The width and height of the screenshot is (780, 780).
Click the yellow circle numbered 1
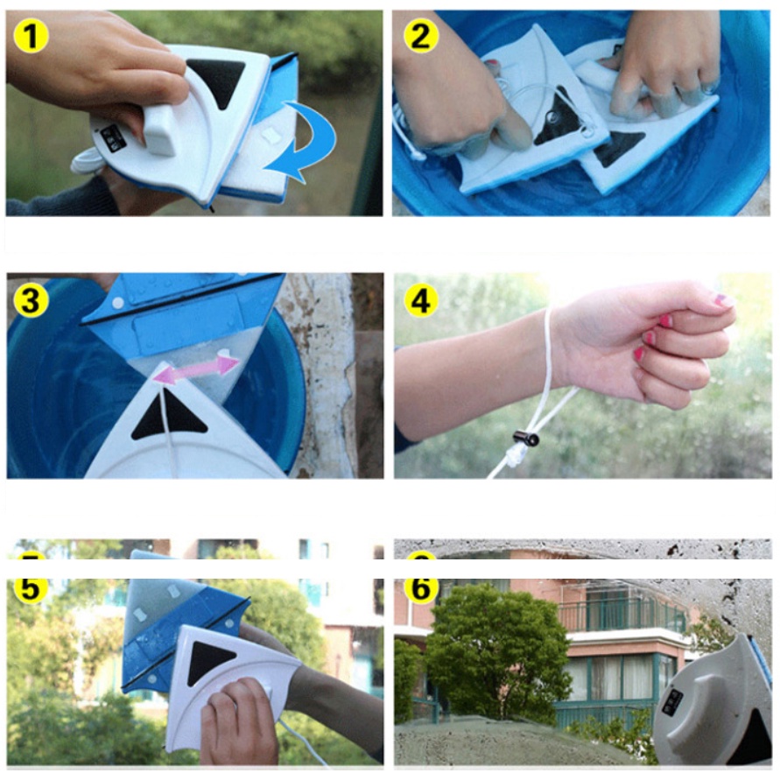click(31, 36)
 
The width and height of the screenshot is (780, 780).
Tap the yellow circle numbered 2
click(421, 36)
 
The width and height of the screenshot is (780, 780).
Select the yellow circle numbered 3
click(31, 301)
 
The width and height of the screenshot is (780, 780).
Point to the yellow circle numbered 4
click(421, 301)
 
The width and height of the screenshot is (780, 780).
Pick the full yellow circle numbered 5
click(31, 588)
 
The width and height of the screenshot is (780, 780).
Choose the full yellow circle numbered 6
click(421, 588)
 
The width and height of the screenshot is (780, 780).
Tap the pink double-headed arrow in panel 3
click(196, 368)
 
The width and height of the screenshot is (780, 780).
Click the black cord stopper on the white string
click(527, 439)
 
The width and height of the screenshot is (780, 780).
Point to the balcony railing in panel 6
click(622, 615)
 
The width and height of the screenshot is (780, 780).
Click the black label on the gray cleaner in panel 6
click(675, 702)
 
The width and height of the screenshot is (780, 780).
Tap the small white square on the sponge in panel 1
click(271, 134)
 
